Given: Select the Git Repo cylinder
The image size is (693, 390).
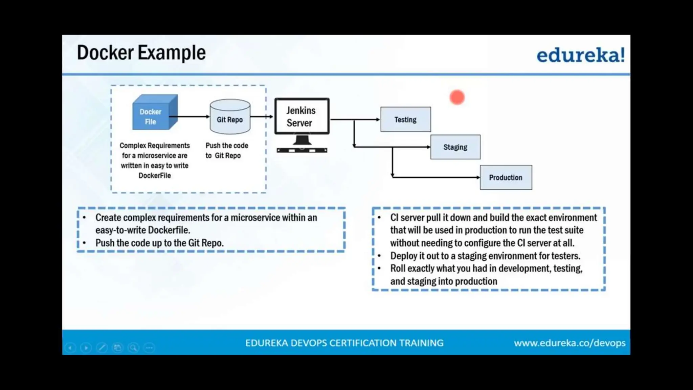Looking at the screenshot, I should tap(230, 117).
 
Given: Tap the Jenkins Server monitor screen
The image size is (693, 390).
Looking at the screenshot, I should tap(301, 116).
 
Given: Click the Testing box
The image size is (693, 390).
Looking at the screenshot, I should tap(405, 120).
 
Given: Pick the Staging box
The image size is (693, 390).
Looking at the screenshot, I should tap(455, 147).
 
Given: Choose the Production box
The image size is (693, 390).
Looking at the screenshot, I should tap(506, 177).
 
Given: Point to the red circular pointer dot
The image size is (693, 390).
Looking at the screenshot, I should tap(457, 97).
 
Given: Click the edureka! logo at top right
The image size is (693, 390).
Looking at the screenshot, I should tap(580, 55).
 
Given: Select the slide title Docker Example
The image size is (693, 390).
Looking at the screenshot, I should tap(141, 53).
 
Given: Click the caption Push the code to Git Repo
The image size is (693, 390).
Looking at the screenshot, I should tap(226, 150).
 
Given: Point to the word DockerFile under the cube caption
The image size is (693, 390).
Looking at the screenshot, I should tap(155, 176).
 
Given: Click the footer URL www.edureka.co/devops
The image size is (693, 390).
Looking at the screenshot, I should tap(569, 343).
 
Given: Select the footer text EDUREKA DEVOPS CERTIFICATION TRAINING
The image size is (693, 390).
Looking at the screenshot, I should tap(344, 343).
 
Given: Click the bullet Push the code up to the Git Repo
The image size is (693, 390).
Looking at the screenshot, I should tap(159, 243).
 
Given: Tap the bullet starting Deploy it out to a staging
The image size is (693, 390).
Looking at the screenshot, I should tap(485, 256).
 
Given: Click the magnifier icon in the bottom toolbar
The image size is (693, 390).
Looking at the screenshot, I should tap(133, 348).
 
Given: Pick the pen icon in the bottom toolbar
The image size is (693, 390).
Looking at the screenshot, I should tap(102, 348).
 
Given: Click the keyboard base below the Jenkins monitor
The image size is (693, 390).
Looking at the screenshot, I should tap(302, 150).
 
